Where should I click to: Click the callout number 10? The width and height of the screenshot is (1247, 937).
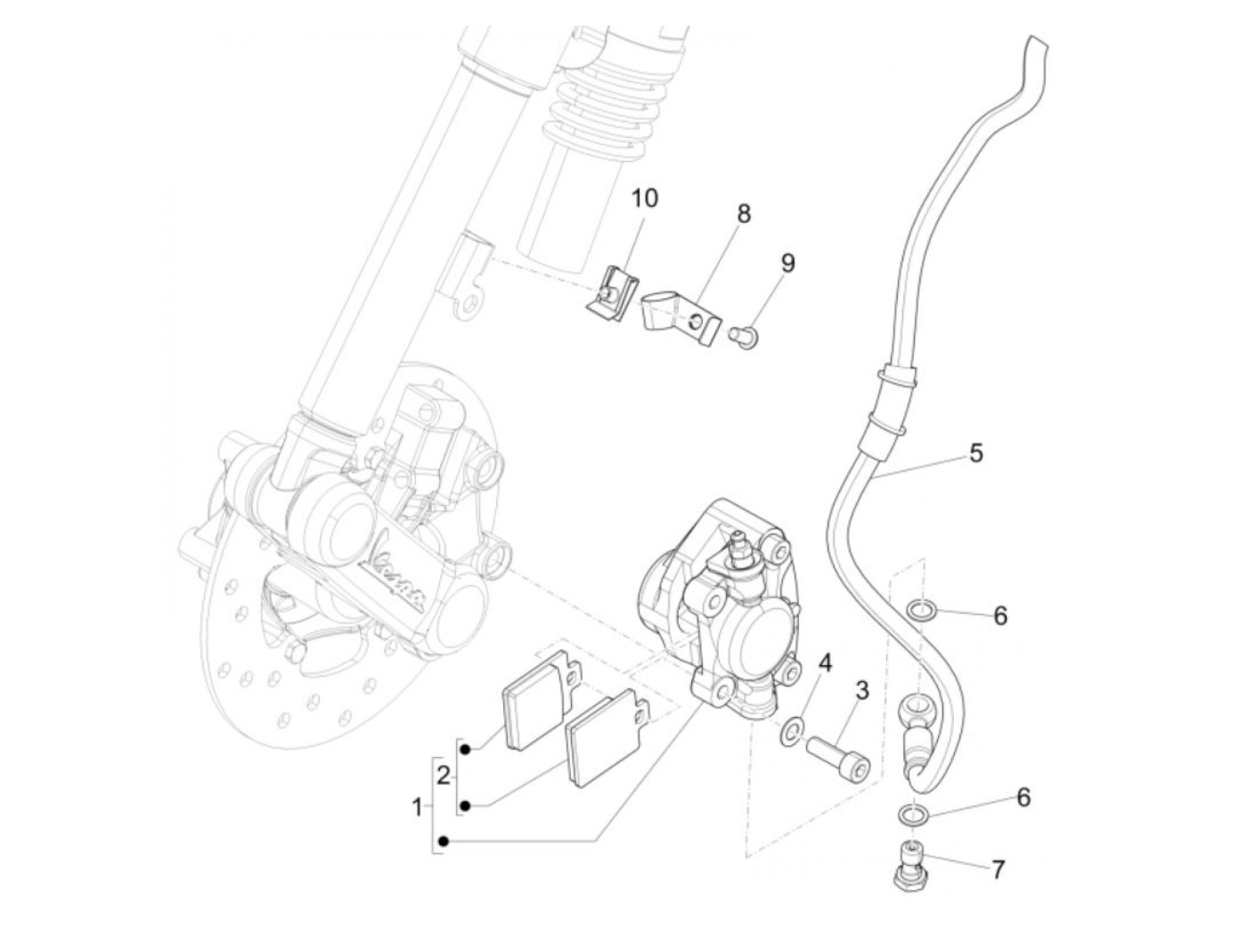(x=645, y=198)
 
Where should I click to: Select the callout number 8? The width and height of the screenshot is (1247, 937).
(x=744, y=214)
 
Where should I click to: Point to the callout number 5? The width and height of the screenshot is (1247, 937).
(x=976, y=452)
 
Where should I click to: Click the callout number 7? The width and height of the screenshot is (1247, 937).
(x=998, y=868)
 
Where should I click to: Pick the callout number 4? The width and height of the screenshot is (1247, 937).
(x=826, y=663)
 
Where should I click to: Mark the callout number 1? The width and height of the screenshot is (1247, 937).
(x=417, y=809)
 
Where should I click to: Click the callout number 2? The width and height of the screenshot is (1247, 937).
(x=443, y=775)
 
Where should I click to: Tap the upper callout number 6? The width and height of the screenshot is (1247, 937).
(x=1000, y=615)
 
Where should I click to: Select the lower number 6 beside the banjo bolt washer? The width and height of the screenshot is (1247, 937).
(x=1023, y=797)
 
